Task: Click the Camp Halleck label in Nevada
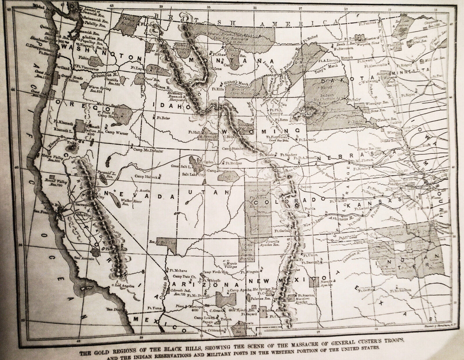146,176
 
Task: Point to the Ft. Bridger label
233,163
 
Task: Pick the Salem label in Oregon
74,81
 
